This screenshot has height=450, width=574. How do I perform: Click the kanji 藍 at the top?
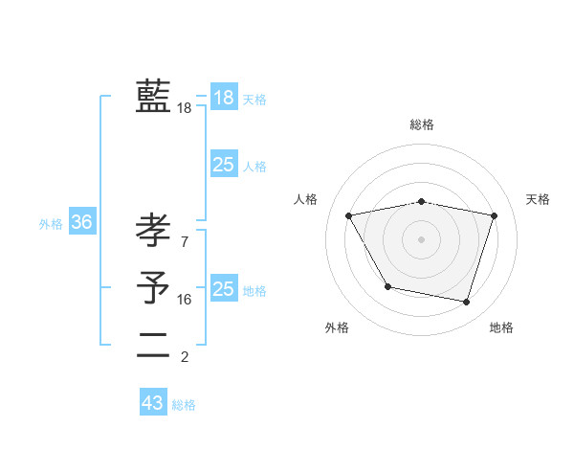(x=153, y=97)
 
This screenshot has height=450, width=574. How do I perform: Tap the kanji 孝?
(x=153, y=231)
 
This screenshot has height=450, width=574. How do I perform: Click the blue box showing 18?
(x=224, y=98)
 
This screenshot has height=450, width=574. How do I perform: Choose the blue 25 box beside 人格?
(x=224, y=165)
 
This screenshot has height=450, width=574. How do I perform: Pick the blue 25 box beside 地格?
(x=224, y=289)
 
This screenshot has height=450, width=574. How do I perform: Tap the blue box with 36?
(x=82, y=222)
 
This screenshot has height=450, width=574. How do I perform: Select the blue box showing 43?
(x=153, y=403)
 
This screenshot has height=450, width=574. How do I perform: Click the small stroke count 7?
(x=185, y=241)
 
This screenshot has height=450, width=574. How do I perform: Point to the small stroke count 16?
(x=185, y=300)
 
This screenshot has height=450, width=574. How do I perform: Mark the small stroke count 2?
(x=185, y=357)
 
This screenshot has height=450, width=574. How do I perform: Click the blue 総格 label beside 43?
(x=184, y=405)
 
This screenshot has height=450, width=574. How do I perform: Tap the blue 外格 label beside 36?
(x=51, y=224)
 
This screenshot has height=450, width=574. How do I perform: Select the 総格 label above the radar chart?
(x=421, y=124)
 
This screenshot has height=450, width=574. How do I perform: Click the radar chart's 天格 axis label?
(x=538, y=199)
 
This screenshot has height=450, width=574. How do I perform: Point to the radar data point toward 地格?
(x=466, y=303)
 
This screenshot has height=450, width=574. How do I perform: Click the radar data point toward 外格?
(x=387, y=286)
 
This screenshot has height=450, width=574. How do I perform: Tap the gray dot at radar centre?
(x=421, y=238)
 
